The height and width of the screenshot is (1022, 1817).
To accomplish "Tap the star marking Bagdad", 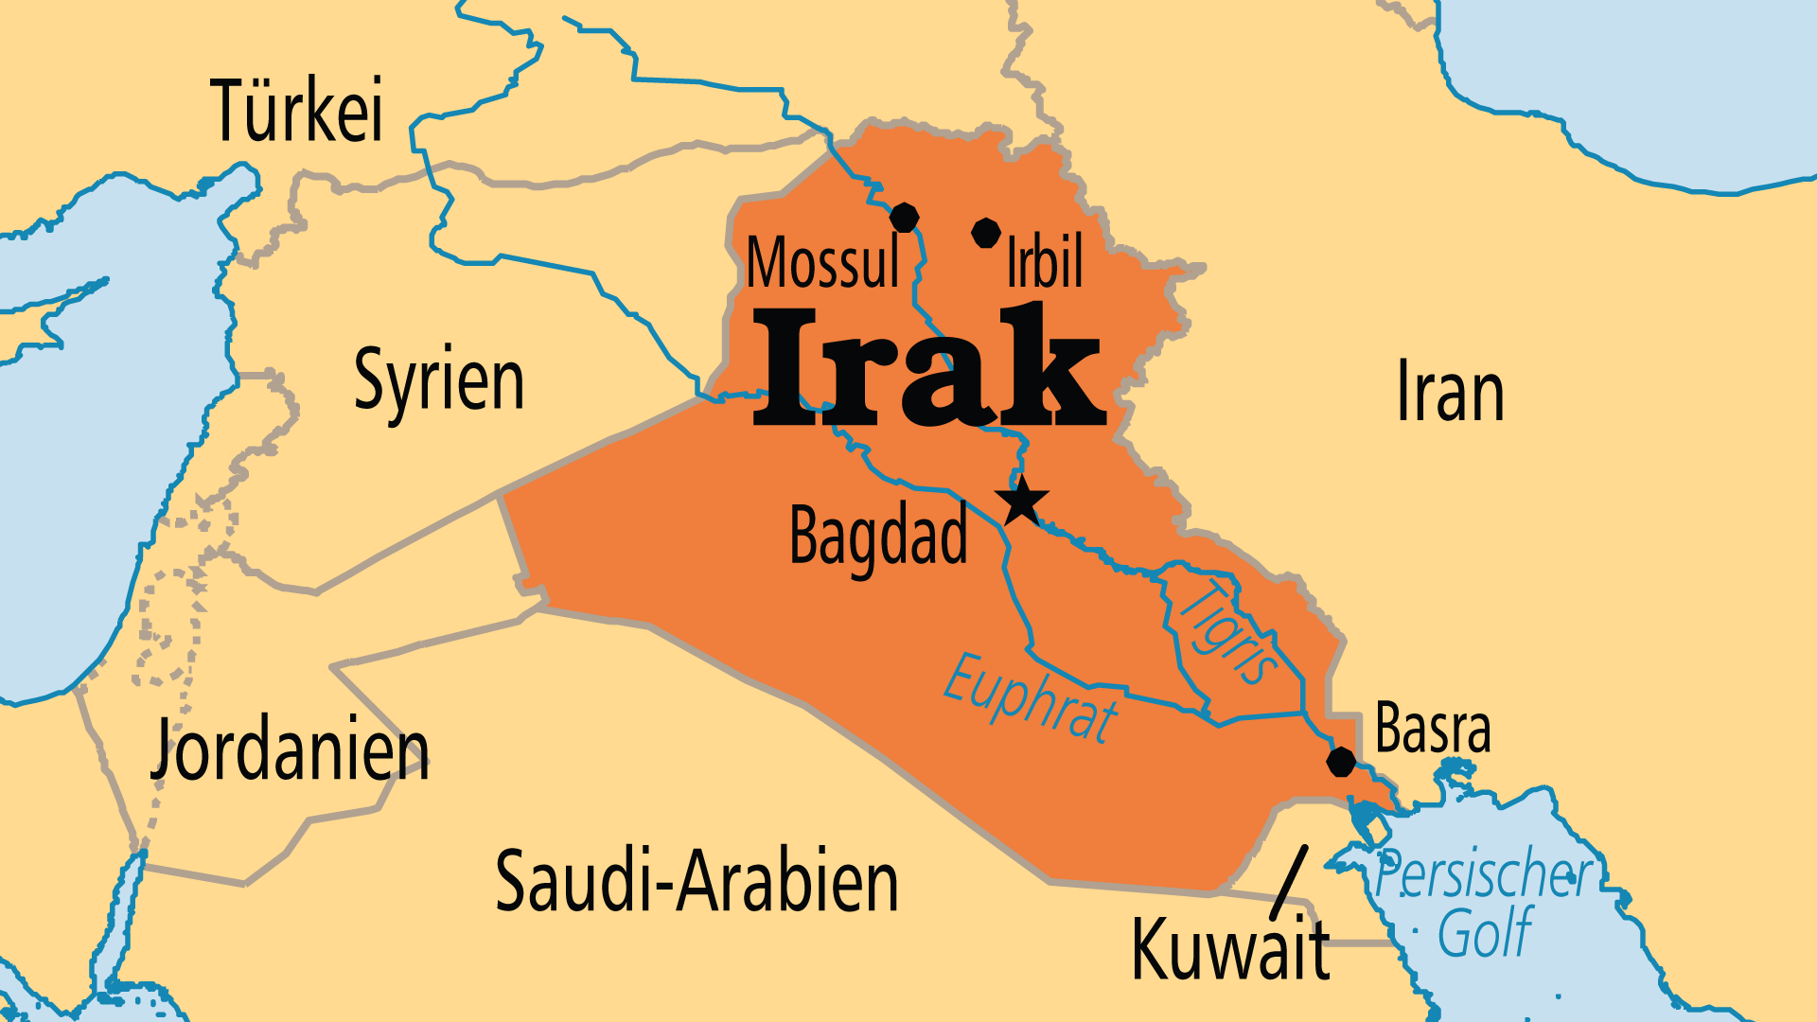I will click(x=1022, y=502).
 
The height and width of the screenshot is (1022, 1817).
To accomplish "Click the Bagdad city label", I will click(x=878, y=537).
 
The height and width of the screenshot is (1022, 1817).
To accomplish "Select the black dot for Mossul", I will click(x=904, y=218).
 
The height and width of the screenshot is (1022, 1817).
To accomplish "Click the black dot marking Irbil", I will click(x=986, y=233).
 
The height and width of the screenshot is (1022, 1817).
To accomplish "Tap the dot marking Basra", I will click(x=1341, y=762).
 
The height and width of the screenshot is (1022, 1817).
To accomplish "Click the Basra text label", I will click(x=1433, y=730).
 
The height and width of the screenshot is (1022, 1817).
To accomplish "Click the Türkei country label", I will click(x=297, y=112).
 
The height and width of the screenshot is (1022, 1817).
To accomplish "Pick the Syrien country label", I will click(x=439, y=380).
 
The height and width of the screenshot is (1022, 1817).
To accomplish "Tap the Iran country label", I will click(x=1450, y=392).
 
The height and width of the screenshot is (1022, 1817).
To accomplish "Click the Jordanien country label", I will click(x=290, y=751).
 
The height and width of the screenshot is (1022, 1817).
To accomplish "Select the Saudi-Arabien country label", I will click(x=697, y=882).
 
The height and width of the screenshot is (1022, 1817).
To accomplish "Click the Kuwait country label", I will click(x=1230, y=949).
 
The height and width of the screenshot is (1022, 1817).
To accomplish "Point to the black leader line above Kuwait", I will click(x=1289, y=880).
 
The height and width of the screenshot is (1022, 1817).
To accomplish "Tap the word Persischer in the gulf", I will click(x=1484, y=874).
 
